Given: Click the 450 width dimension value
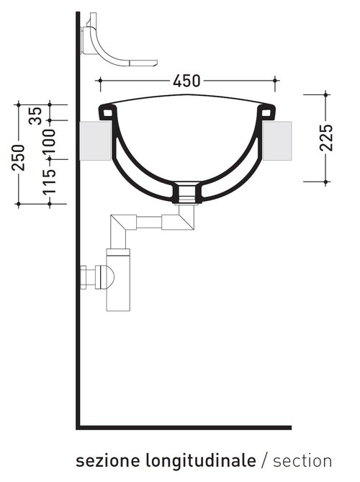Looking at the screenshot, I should tap(187, 81).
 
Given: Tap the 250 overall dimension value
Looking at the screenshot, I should tap(19, 157).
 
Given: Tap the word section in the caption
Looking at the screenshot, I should tap(302, 460).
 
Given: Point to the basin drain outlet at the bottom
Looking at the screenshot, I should tap(186, 192).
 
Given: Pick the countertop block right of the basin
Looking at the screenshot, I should tap(279, 140).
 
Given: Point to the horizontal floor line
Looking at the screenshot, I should tap(184, 427).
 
